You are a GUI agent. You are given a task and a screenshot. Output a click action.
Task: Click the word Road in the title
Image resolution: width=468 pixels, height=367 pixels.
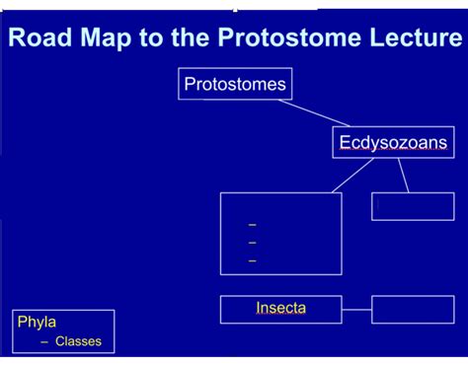pyautogui.click(x=39, y=38)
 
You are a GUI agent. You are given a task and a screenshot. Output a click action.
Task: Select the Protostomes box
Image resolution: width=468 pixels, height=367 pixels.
pyautogui.click(x=235, y=84)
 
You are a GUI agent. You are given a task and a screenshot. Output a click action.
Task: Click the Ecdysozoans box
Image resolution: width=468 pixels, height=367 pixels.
pyautogui.click(x=393, y=143)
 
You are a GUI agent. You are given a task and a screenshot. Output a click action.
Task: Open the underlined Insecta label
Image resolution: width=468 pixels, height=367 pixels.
pyautogui.click(x=280, y=308)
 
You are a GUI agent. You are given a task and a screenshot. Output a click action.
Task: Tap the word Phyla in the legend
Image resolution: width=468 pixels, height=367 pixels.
pyautogui.click(x=37, y=322)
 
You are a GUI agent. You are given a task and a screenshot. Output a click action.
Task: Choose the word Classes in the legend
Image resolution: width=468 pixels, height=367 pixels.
pyautogui.click(x=78, y=342)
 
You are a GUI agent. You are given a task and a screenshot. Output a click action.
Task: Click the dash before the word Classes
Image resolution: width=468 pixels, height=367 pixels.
pyautogui.click(x=44, y=342)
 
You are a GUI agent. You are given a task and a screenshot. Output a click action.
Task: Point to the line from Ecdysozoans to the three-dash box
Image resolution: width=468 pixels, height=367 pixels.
pyautogui.click(x=352, y=175)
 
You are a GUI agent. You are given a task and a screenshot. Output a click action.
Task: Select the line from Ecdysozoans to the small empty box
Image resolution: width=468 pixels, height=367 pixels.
pyautogui.click(x=403, y=175)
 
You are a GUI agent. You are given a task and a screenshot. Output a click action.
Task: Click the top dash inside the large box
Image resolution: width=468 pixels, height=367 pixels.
pyautogui.click(x=252, y=225)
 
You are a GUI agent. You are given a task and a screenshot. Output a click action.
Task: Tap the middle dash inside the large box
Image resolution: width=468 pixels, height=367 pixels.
pyautogui.click(x=252, y=242)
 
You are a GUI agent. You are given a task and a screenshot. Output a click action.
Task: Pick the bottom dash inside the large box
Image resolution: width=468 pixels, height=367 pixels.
pyautogui.click(x=252, y=259)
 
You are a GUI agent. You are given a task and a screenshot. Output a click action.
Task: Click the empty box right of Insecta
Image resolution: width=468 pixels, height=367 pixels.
pyautogui.click(x=413, y=309)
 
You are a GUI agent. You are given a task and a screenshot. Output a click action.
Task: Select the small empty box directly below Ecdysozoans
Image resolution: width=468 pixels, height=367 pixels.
pyautogui.click(x=413, y=206)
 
